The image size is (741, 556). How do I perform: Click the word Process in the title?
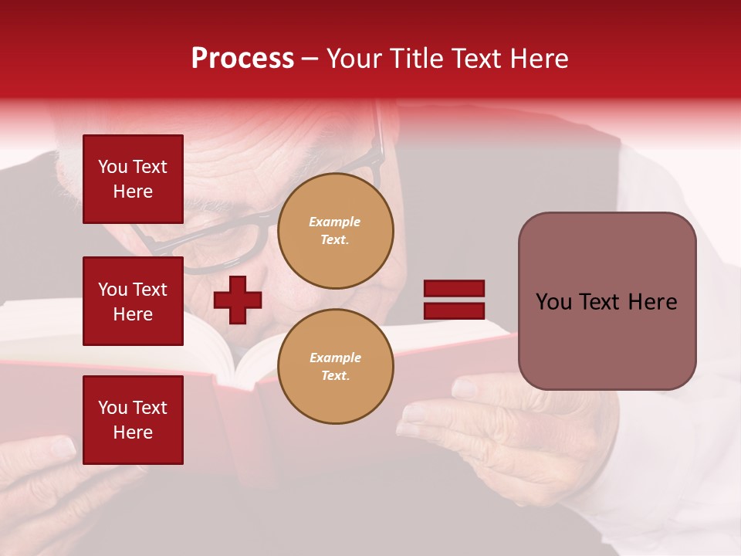[x=242, y=59]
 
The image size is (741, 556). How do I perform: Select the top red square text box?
[x=133, y=179]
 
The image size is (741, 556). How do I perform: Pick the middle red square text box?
[x=133, y=301]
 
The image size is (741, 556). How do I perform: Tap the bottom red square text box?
[x=133, y=420]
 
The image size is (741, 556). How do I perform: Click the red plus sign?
[x=238, y=300]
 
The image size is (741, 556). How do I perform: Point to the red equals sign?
[x=454, y=300]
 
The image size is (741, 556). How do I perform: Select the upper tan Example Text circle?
[x=335, y=231]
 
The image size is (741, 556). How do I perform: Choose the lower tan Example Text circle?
[x=335, y=367]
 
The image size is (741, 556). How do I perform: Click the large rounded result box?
[x=607, y=301]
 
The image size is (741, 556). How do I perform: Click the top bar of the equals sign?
[x=454, y=289]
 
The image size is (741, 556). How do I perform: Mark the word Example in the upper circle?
[x=335, y=222]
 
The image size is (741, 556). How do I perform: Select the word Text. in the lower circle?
[x=335, y=376]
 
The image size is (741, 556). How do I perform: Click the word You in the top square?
[x=113, y=167]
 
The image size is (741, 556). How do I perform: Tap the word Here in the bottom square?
[x=133, y=432]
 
